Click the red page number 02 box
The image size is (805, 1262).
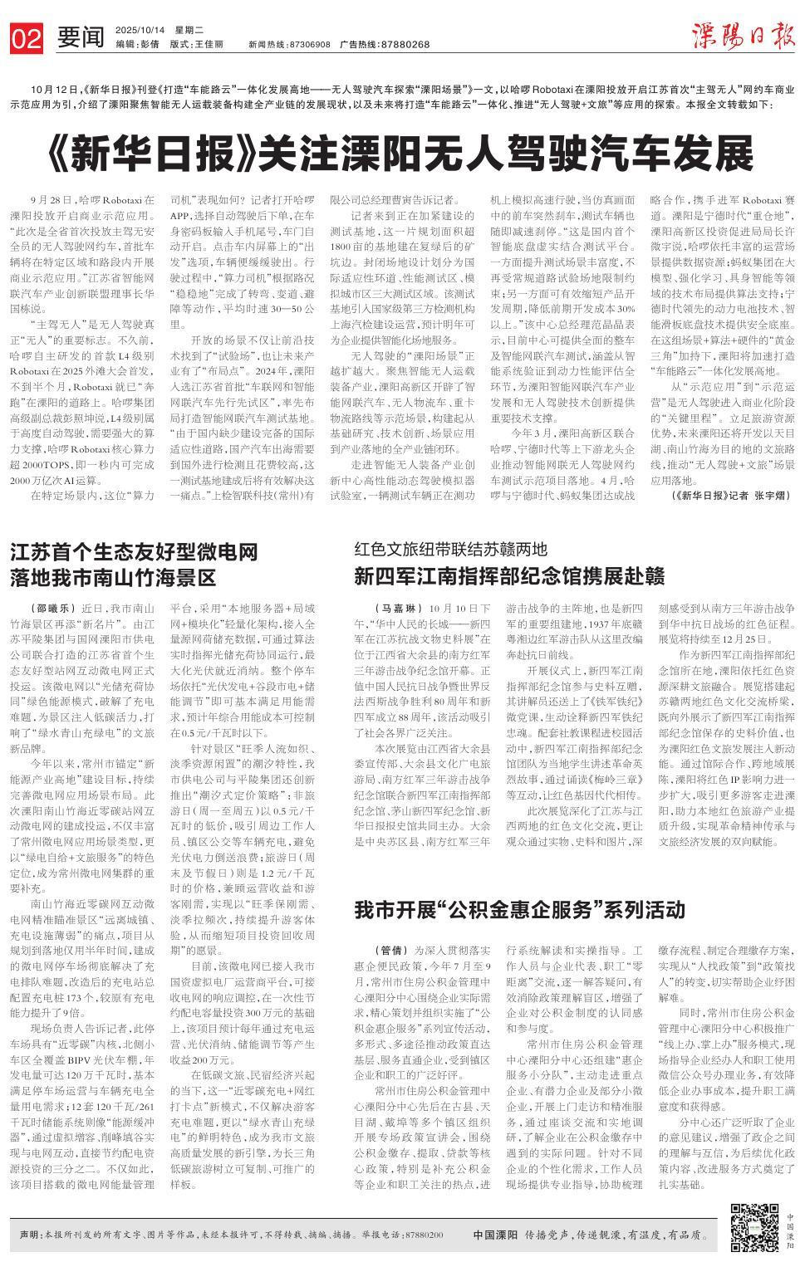pyautogui.click(x=27, y=37)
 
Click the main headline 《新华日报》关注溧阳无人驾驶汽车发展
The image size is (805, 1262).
pyautogui.click(x=402, y=153)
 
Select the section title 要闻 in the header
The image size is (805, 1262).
pyautogui.click(x=81, y=37)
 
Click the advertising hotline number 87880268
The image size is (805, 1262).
pyautogui.click(x=402, y=44)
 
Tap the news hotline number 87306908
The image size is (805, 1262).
pyautogui.click(x=311, y=44)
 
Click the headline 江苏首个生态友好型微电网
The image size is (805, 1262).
pyautogui.click(x=134, y=552)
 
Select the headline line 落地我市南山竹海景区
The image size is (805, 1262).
pyautogui.click(x=113, y=577)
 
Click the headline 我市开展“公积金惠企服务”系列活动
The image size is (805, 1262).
pyautogui.click(x=514, y=909)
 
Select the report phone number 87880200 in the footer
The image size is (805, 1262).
pyautogui.click(x=425, y=1235)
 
